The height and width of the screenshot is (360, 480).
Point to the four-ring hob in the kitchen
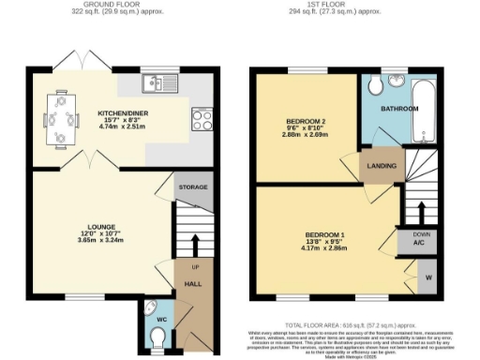[x=202, y=119]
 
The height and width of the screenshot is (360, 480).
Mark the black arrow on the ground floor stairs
[x=194, y=241]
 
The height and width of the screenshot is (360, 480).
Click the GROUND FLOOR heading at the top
[x=105, y=4]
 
